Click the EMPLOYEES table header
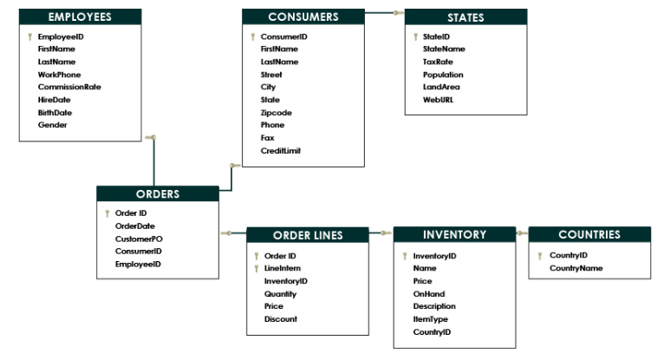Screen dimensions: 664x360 pos(80,16)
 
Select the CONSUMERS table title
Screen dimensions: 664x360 pos(303,16)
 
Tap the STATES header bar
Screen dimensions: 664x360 pos(465,17)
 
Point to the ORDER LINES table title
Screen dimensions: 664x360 pos(308,235)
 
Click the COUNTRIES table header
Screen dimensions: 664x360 pos(589,234)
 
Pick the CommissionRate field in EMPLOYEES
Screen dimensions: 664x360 pos(69,87)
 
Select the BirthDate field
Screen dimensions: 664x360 pos(55,113)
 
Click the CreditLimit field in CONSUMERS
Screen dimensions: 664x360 pos(281,150)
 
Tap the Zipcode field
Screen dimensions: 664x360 pos(277,113)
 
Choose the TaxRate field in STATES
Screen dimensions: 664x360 pos(438,62)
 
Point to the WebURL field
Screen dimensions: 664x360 pos(438,100)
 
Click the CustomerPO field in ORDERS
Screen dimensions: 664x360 pos(139,239)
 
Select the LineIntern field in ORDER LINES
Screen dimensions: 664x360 pos(283,268)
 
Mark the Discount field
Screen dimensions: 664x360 pos(281,319)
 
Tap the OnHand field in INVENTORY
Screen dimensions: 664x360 pos(429,294)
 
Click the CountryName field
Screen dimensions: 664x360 pos(576,268)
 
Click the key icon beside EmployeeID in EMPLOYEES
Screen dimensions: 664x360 pos(29,36)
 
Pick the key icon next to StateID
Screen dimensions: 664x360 pos(415,36)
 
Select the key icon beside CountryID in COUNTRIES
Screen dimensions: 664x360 pos(539,255)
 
